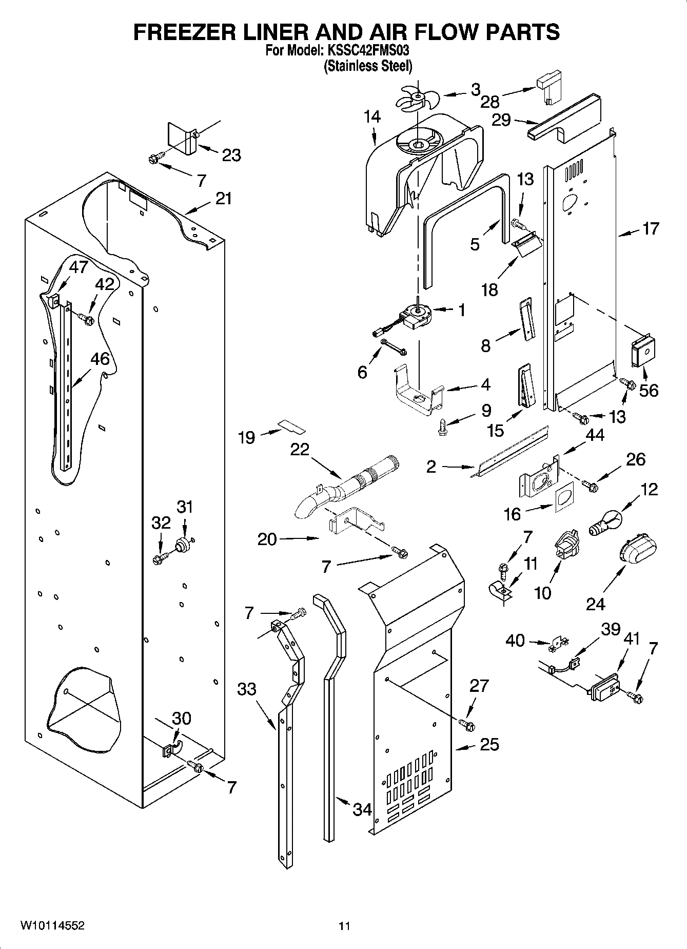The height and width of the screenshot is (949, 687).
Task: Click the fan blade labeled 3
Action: coord(417,97)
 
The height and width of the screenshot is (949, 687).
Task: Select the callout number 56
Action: coord(649,391)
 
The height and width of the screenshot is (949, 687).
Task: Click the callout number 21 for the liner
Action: coord(223,198)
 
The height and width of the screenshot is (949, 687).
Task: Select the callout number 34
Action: coord(362,809)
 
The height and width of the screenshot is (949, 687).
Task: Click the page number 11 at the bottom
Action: coord(344,926)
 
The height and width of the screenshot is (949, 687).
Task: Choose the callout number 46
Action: coord(100,359)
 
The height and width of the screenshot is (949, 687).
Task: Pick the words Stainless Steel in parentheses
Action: coord(368,66)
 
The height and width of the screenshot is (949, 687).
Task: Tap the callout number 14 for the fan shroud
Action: coord(372,117)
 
